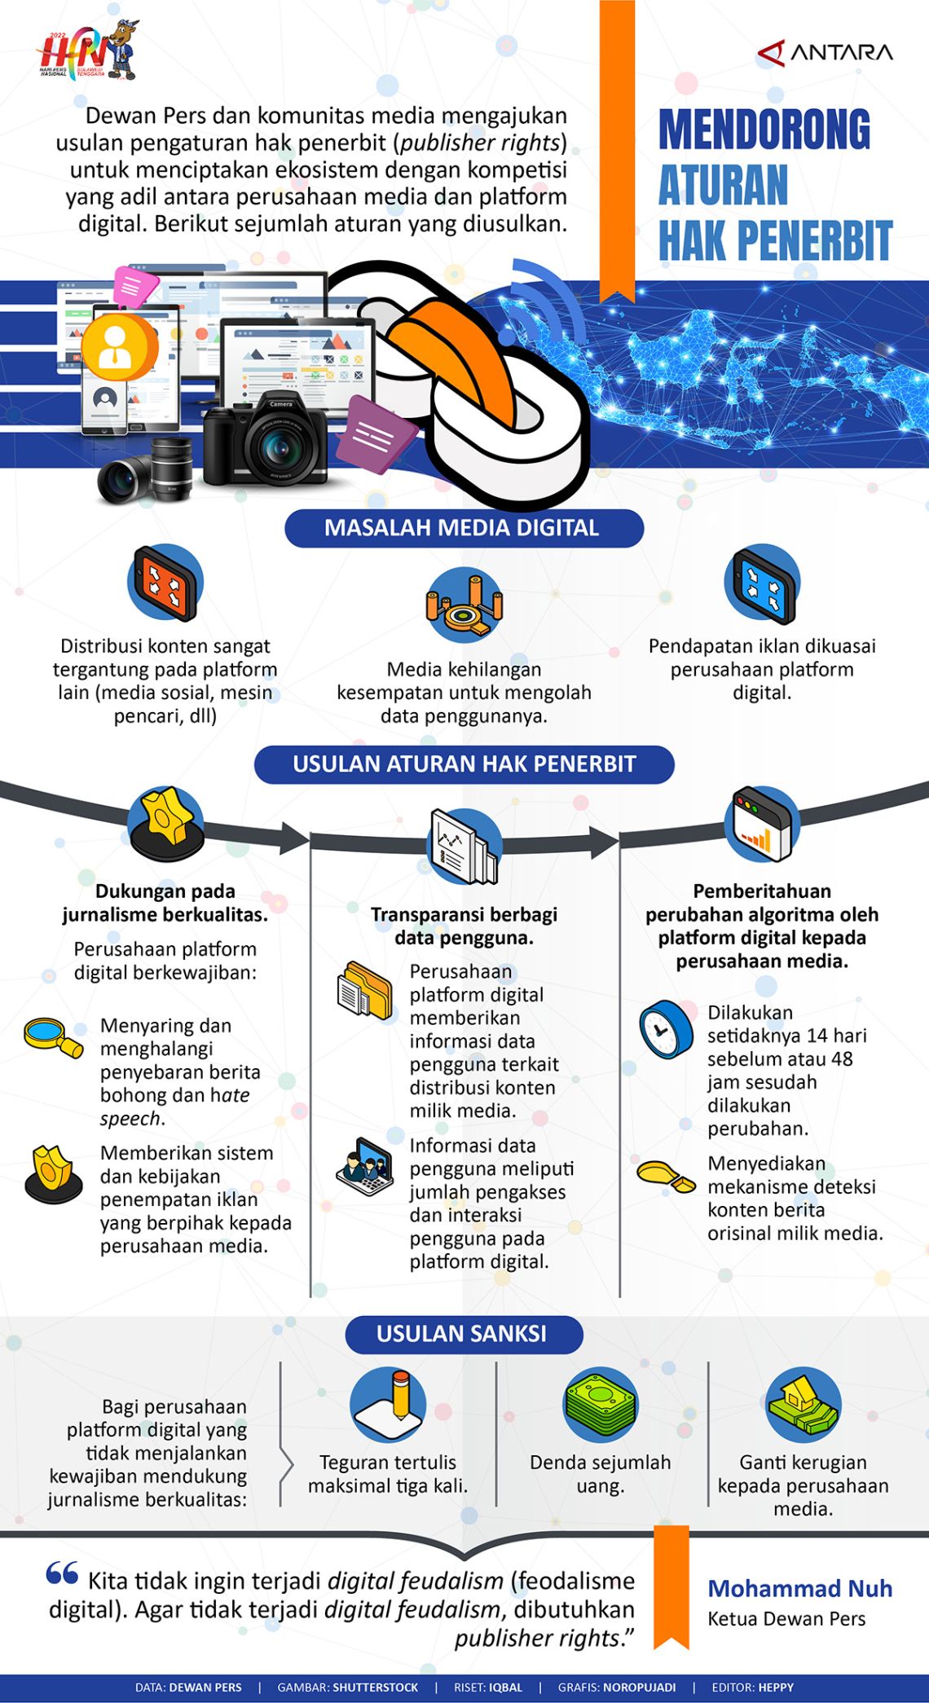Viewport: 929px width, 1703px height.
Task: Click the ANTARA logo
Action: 825,53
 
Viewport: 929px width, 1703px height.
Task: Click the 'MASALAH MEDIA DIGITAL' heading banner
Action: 464,528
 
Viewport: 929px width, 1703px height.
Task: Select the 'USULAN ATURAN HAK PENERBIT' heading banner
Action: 464,764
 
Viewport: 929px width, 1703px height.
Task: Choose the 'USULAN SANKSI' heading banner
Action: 464,1334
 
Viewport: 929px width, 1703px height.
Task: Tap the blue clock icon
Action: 666,1029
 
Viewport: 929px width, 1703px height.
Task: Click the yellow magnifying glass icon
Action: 53,1036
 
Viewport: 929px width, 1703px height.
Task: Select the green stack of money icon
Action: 601,1404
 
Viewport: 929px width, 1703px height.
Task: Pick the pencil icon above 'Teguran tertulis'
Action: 388,1403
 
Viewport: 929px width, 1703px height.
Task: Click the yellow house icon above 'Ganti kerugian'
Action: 803,1404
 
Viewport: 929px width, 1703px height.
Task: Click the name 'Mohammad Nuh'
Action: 799,1588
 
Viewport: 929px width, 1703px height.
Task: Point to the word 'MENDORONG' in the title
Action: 764,130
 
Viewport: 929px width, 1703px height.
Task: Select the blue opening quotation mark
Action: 62,1573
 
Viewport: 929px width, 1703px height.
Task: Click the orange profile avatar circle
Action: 119,348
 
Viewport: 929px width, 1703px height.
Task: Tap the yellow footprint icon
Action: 666,1176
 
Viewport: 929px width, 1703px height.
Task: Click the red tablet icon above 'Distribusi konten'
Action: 165,583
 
